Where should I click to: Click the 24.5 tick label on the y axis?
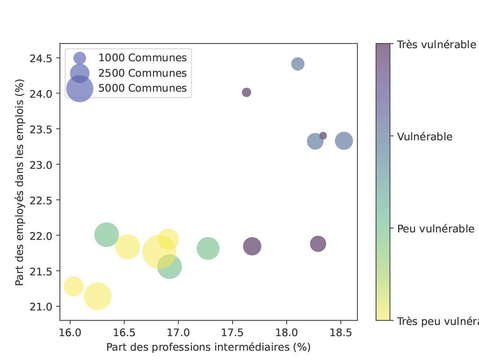[43, 58]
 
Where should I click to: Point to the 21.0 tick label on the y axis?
[43, 306]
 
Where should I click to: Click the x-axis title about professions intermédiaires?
[208, 347]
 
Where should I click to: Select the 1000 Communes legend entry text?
[142, 58]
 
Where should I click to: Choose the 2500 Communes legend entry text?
[142, 73]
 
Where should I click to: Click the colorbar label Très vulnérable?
[436, 45]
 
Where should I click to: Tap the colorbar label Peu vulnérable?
[435, 229]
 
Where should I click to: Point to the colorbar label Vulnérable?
[424, 137]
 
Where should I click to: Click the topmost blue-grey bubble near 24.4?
[298, 64]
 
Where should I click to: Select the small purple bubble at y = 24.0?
[247, 93]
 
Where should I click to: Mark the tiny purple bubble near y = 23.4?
[323, 136]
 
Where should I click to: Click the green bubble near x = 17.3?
[208, 248]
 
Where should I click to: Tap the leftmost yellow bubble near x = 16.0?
[73, 286]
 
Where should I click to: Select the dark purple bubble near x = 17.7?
[252, 246]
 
